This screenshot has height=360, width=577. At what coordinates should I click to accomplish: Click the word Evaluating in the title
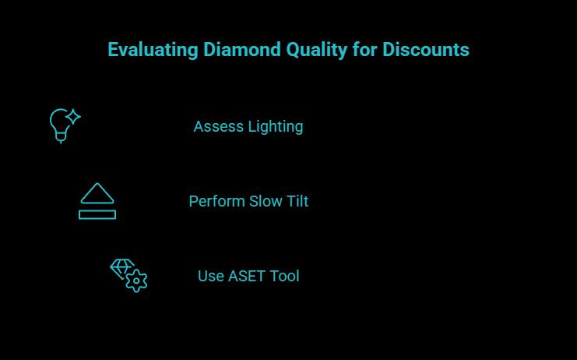coord(153,50)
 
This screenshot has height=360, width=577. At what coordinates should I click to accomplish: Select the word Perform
coord(216,201)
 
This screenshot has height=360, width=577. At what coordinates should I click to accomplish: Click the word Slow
coord(266,201)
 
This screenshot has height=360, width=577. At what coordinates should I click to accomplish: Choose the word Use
coord(210,277)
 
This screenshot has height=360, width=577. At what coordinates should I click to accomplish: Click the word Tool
coord(284,277)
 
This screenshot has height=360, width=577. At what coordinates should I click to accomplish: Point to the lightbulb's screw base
coord(61,137)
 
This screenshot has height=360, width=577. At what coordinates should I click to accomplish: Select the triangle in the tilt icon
coord(97,195)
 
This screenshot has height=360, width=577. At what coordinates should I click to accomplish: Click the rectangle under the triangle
coord(97,214)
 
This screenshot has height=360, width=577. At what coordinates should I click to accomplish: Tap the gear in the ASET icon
coord(137,281)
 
